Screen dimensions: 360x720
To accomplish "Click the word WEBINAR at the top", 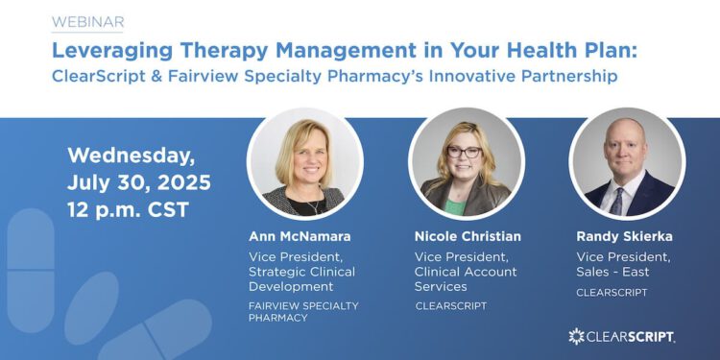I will click(x=87, y=21).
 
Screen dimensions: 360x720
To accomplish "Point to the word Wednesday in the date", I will click(x=130, y=155).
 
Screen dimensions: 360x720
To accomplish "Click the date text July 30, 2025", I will click(x=138, y=182).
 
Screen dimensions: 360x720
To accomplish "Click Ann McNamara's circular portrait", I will click(x=305, y=162).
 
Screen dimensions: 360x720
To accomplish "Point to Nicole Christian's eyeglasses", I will click(x=466, y=152).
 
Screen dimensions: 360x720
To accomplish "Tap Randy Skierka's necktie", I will click(x=617, y=200).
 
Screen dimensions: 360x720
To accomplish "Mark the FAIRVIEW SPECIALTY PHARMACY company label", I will click(x=303, y=311).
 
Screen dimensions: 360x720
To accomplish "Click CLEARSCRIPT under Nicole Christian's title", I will click(x=450, y=305).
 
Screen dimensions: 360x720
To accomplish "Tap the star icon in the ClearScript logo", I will click(x=576, y=336).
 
